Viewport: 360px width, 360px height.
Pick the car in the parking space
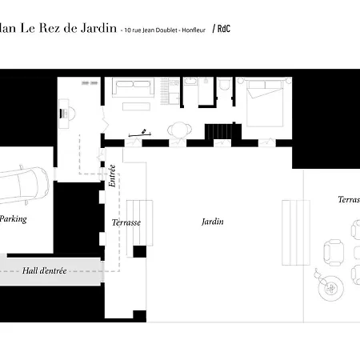(22, 184)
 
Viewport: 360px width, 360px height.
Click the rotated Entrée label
(112, 175)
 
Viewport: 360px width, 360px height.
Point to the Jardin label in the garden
(211, 222)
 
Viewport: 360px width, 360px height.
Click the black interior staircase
(218, 130)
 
